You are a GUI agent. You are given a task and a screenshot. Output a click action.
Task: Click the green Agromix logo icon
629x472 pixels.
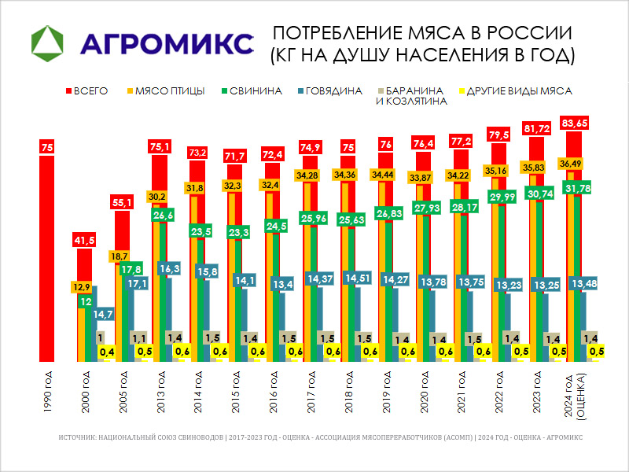click(x=50, y=42)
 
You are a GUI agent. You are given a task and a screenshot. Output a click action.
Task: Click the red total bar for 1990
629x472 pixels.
click(x=47, y=260)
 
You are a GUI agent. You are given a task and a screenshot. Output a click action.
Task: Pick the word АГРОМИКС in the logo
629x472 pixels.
click(x=167, y=42)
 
